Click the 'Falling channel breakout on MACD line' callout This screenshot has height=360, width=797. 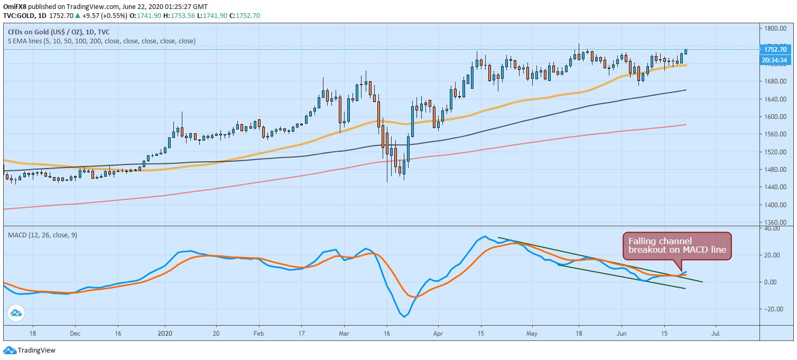[677, 245]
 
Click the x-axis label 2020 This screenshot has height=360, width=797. [165, 334]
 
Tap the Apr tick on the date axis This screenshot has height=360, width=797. [438, 334]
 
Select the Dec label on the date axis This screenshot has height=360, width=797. [75, 334]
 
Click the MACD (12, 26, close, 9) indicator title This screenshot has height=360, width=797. [43, 235]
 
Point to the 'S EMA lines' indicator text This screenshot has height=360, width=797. [25, 41]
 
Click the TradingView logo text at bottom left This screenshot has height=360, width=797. [36, 350]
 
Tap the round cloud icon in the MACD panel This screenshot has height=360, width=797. [16, 313]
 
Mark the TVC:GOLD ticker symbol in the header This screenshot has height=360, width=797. [19, 16]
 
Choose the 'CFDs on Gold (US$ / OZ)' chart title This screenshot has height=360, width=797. [45, 32]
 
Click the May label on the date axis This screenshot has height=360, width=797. [532, 334]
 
